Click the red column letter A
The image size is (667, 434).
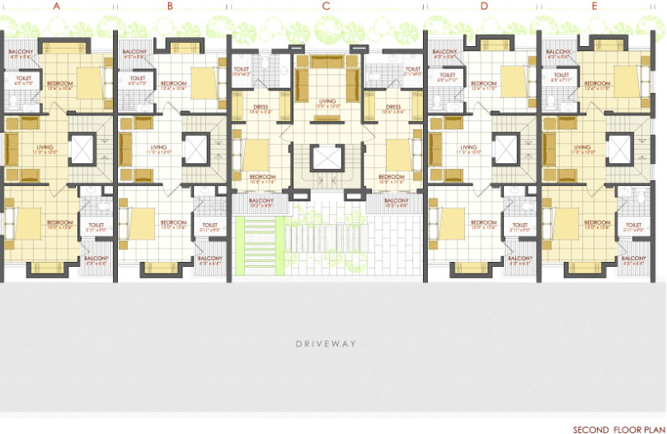56,7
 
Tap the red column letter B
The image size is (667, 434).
170,7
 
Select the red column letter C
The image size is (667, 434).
326,7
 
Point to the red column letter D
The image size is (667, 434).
484,7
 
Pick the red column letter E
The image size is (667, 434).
594,7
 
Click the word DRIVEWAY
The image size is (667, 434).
326,343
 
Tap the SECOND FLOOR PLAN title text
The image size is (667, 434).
618,429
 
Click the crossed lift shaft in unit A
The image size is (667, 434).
83,149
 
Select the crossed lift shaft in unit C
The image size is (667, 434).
327,158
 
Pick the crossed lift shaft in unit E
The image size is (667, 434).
619,149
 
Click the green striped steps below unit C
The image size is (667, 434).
254,245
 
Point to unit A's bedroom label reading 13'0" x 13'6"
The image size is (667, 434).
59,225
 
